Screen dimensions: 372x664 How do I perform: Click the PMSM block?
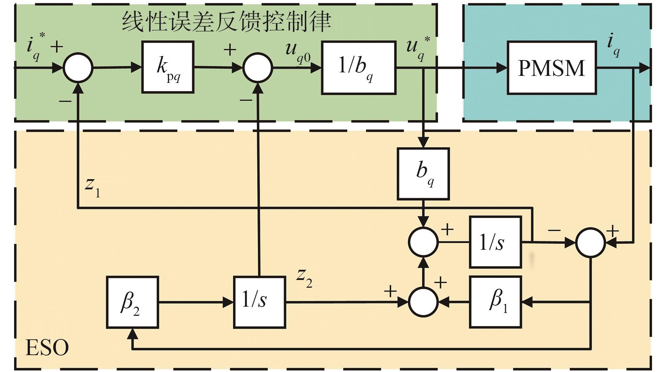(552, 68)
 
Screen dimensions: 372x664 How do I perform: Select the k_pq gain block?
(168, 67)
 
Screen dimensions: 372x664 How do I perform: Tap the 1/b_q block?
(359, 68)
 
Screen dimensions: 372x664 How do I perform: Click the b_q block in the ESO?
(423, 174)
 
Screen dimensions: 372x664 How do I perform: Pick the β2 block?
(132, 302)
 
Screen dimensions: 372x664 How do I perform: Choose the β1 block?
(495, 302)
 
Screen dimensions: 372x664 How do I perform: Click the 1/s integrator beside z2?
(259, 302)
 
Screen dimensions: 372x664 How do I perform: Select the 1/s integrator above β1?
(495, 242)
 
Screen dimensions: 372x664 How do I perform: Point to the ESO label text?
(47, 348)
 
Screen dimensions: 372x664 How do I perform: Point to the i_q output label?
(613, 45)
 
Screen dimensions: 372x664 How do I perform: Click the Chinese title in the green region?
(226, 22)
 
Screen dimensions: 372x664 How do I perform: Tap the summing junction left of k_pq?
(78, 67)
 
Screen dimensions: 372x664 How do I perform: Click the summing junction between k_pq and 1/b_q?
(258, 68)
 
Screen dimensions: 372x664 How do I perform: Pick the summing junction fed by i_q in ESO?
(591, 242)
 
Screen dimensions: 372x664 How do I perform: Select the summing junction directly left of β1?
(423, 302)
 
